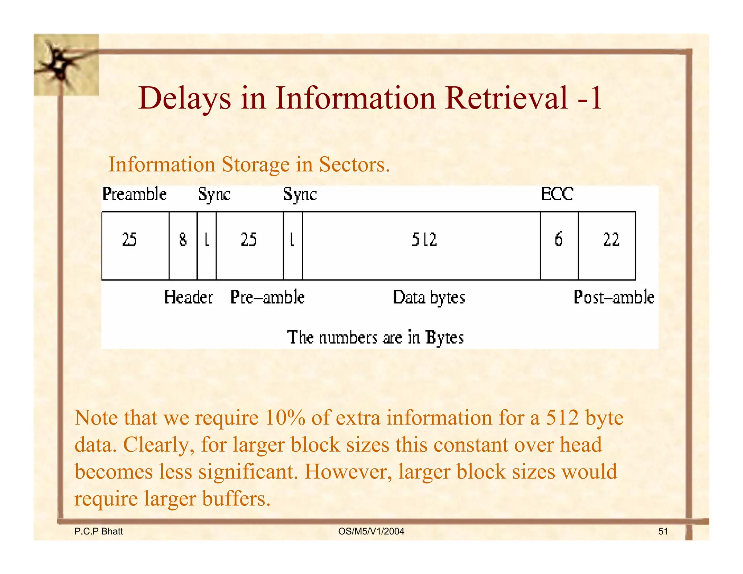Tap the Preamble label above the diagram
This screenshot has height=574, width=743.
(135, 194)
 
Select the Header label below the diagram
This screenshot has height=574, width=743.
(188, 297)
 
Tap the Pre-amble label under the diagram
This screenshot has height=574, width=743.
(267, 297)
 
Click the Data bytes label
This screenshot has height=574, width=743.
(429, 298)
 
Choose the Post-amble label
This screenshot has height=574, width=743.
(614, 297)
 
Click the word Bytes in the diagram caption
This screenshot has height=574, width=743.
(445, 337)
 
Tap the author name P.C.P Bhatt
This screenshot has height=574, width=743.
(98, 532)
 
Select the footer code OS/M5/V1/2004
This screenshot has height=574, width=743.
(371, 532)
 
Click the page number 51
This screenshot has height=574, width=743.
(663, 532)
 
